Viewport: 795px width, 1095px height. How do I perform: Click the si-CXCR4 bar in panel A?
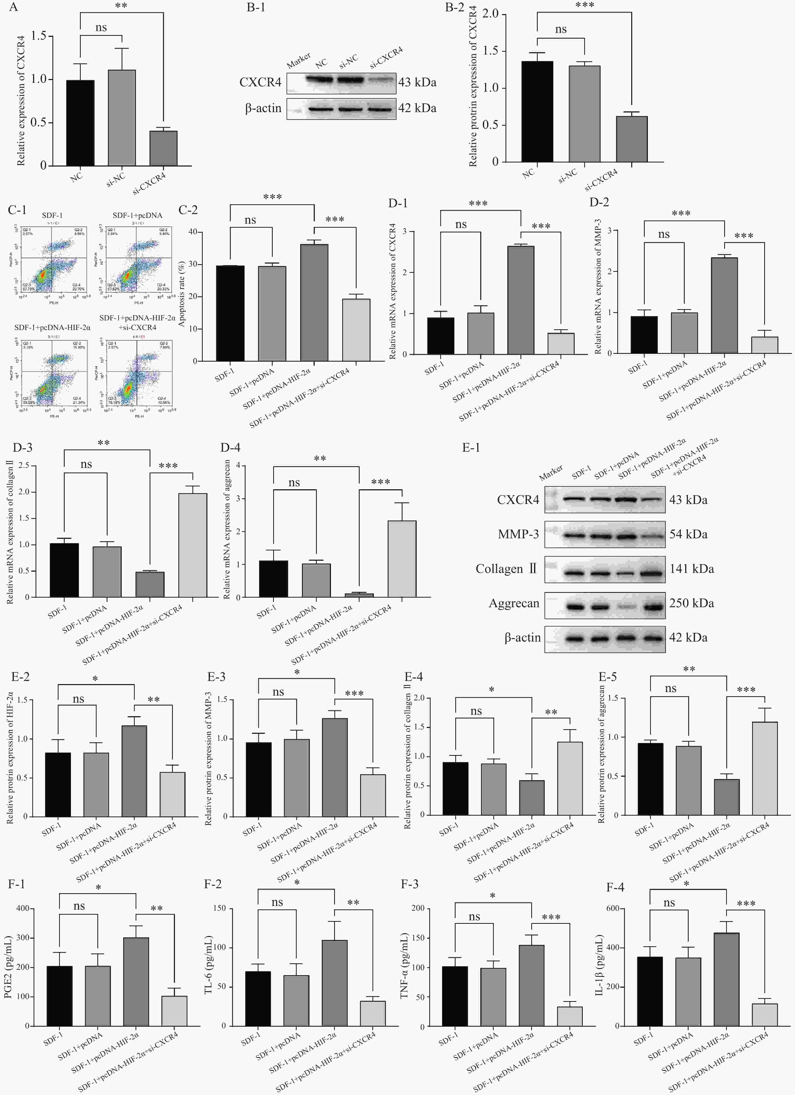click(x=163, y=148)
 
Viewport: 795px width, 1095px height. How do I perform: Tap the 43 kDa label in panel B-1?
click(x=417, y=83)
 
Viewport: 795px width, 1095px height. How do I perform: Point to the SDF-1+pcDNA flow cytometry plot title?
click(x=138, y=215)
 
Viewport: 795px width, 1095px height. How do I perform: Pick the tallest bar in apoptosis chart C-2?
click(x=314, y=303)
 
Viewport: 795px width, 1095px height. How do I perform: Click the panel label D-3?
click(x=22, y=448)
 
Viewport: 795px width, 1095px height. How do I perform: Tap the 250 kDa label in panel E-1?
click(x=691, y=603)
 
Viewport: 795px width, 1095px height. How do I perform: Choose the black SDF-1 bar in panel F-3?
click(x=455, y=997)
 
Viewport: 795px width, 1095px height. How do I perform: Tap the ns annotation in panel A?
click(x=101, y=28)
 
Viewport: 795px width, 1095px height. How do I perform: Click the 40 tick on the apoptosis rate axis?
click(x=193, y=232)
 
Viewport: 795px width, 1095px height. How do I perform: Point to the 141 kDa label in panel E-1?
click(x=691, y=569)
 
